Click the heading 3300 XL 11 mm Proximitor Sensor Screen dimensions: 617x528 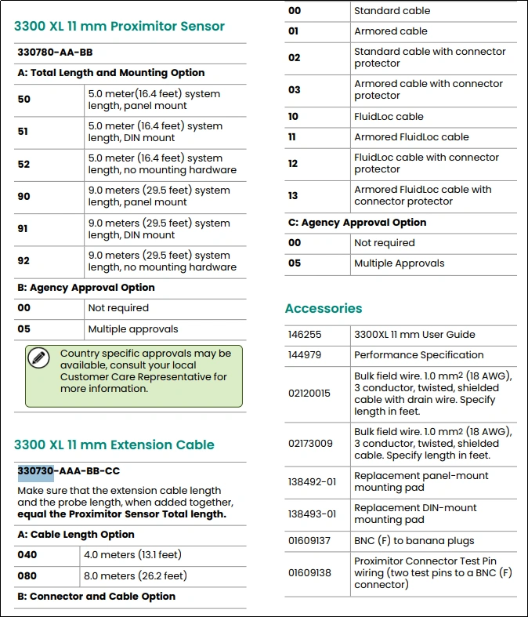click(119, 26)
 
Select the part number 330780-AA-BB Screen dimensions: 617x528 click(55, 52)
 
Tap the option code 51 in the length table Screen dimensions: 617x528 click(24, 132)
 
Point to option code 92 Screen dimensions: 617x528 click(24, 261)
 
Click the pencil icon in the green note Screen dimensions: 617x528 click(38, 357)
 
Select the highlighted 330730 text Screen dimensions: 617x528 click(36, 471)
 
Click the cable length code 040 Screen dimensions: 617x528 click(27, 554)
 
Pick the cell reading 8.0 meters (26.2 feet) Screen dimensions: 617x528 click(135, 575)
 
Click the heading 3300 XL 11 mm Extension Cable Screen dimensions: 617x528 click(114, 445)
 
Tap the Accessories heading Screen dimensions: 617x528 click(324, 308)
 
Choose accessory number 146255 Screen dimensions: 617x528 click(305, 335)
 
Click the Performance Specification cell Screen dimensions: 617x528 click(418, 355)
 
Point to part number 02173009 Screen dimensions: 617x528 click(310, 444)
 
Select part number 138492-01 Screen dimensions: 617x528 click(312, 481)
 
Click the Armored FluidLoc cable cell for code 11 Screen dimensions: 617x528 click(411, 137)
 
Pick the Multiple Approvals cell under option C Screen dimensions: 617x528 click(399, 263)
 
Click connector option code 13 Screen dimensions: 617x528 click(294, 195)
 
